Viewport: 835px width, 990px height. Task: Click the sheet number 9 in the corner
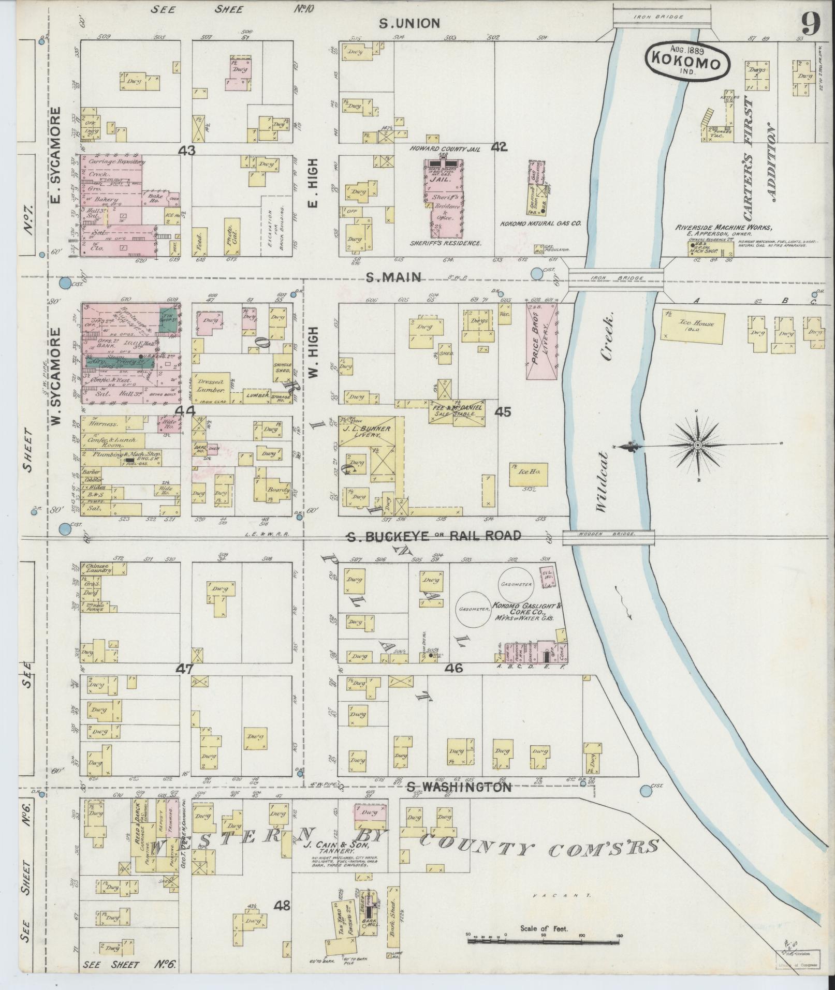tap(811, 24)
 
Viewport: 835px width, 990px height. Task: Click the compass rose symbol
tap(697, 445)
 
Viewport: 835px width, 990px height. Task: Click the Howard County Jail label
tap(445, 148)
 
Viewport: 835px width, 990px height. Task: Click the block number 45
tap(502, 412)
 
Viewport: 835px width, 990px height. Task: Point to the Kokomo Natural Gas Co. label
tap(541, 224)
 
